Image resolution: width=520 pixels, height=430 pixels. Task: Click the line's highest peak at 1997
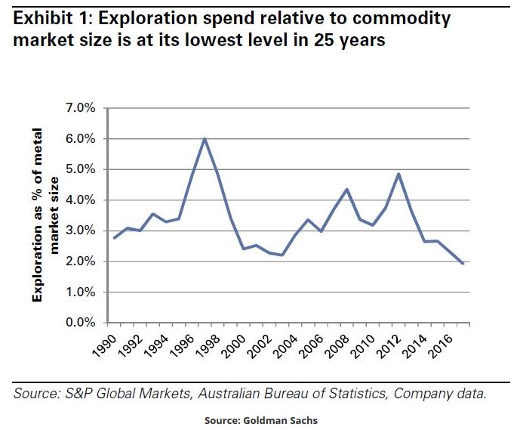(204, 138)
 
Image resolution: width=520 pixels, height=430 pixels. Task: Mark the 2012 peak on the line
(398, 174)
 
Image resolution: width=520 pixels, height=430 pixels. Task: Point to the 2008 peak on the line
(346, 189)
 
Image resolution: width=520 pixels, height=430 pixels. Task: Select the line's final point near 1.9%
(462, 263)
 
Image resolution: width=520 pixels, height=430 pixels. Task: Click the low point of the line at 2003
(282, 255)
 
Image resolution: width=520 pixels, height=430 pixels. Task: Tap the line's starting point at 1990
(114, 238)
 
